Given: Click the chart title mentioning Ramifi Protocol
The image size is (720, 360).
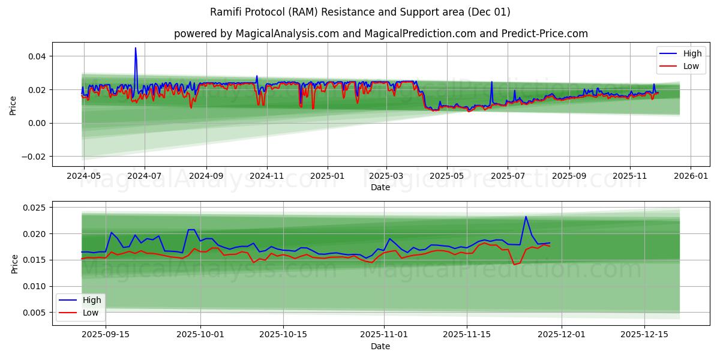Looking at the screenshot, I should coord(360,12).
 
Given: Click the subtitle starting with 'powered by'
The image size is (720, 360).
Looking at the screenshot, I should coord(380,34).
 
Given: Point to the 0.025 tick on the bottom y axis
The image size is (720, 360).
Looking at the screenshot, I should coord(34,208).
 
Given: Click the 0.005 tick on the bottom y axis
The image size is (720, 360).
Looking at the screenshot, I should coord(34,313).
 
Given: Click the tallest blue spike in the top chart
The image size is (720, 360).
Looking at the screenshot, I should coord(136,49).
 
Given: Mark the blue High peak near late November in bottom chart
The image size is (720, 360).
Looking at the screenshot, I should coord(526,217).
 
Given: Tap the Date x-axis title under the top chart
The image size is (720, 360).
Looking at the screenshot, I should coord(380,187).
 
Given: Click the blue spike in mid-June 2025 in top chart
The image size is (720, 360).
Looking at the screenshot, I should coord(491,82).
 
